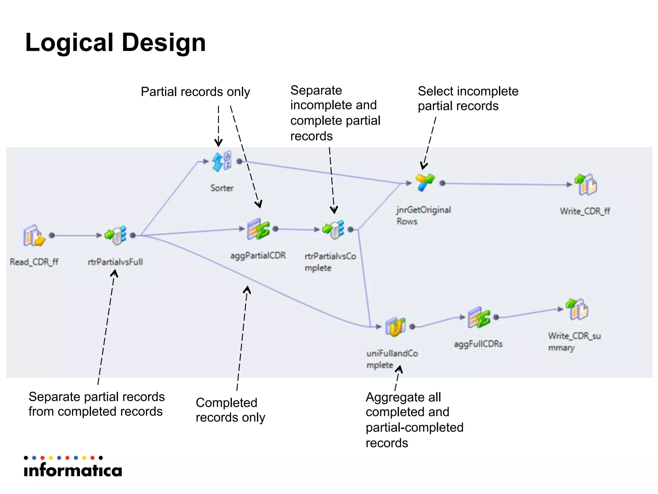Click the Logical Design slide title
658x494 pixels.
pos(115,42)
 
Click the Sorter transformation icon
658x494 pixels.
pos(221,161)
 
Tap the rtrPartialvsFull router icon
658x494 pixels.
pos(116,235)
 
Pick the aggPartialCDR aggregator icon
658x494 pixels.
pos(258,229)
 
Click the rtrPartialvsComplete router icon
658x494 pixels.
pos(333,229)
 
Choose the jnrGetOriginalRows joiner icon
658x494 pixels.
pos(425,182)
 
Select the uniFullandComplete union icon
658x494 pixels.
pos(396,326)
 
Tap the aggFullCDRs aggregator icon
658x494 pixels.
pos(479,317)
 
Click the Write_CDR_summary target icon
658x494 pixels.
pos(577,309)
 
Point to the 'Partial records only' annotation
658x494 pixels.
pos(195,92)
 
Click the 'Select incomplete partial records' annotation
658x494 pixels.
pos(468,98)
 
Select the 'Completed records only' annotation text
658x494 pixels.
pos(230,410)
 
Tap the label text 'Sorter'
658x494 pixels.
pos(222,188)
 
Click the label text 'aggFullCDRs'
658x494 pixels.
pos(478,344)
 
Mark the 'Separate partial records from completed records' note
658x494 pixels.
pos(96,404)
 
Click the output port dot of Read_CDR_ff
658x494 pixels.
pos(52,235)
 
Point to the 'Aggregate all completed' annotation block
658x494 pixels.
pos(414,420)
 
